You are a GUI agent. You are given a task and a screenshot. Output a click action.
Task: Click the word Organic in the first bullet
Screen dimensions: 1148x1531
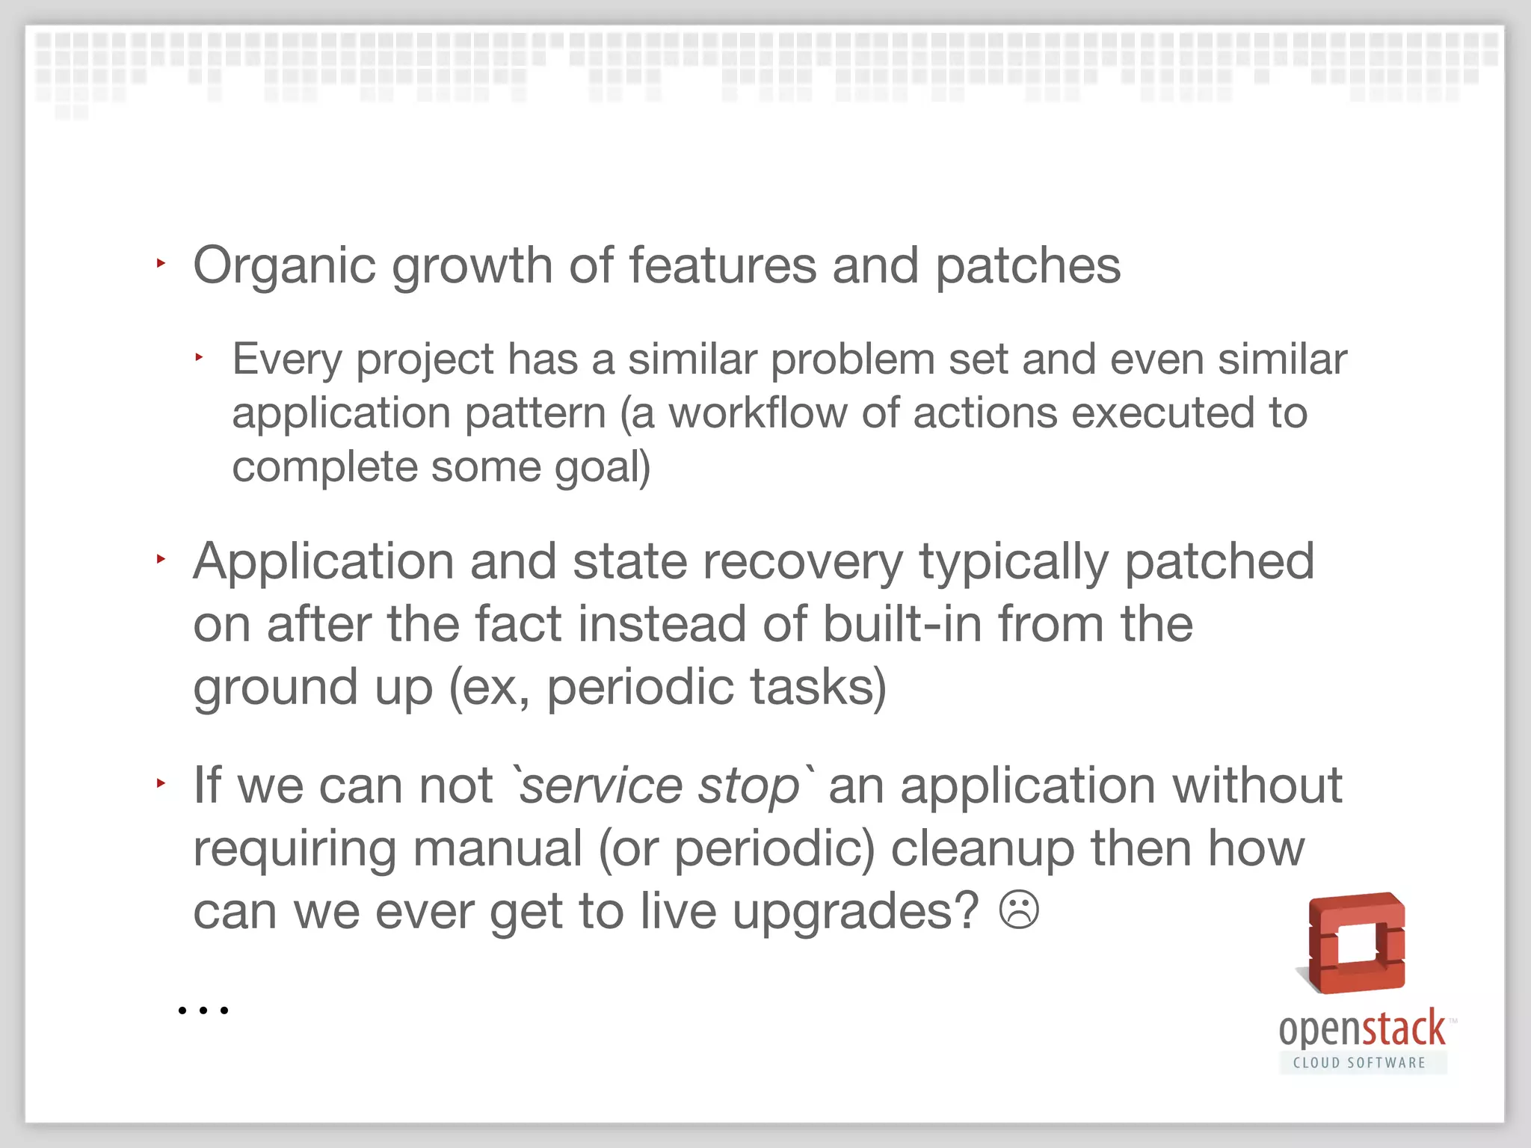point(284,267)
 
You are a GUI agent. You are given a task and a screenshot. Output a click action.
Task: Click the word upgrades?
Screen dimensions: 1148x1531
point(855,912)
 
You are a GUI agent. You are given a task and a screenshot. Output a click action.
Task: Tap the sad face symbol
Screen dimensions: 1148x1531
point(1019,910)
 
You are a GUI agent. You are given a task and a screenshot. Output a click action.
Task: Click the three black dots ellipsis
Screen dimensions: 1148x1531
point(203,1010)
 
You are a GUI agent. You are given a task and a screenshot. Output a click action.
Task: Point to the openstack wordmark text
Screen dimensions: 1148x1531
point(1362,1029)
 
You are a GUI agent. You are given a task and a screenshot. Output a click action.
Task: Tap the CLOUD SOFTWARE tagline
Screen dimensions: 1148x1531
point(1360,1063)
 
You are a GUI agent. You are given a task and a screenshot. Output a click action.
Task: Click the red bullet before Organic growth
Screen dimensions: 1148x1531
point(160,263)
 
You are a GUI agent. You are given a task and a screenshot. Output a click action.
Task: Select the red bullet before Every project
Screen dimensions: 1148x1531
point(199,358)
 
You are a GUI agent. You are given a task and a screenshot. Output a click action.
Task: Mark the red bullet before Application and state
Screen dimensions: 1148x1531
point(160,559)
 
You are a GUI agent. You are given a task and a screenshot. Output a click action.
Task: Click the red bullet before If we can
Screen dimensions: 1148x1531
point(160,783)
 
